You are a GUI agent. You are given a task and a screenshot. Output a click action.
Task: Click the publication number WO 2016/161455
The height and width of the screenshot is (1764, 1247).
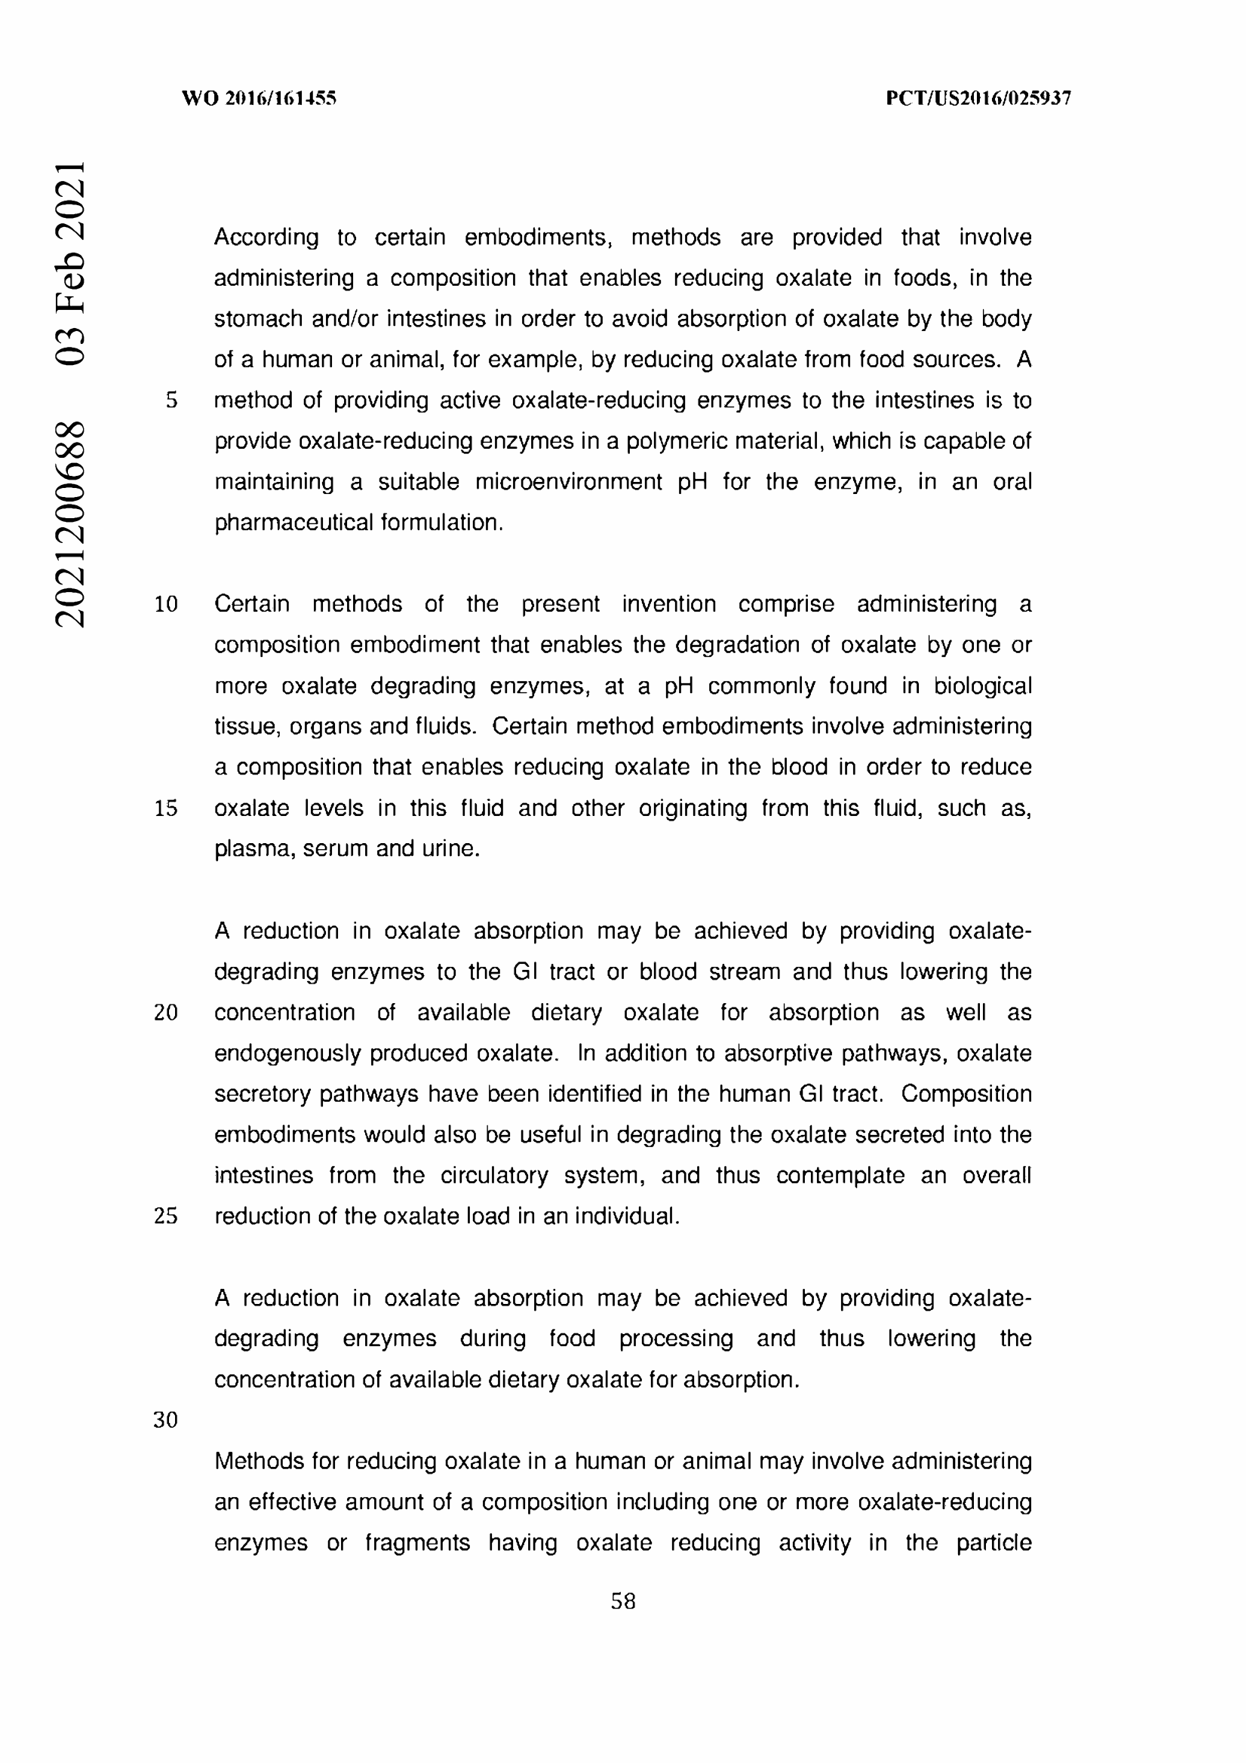coord(259,98)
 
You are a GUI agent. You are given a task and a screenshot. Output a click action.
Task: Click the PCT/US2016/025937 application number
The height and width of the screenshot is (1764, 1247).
coord(978,98)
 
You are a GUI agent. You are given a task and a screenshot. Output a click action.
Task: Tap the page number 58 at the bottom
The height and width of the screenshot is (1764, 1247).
coord(622,1600)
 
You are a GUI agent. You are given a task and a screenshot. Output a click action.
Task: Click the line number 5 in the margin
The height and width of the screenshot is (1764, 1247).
coord(171,400)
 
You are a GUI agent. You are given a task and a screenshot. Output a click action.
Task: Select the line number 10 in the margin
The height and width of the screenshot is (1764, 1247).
coord(166,604)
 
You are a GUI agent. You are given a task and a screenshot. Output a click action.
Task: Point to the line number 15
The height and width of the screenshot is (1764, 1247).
coord(166,808)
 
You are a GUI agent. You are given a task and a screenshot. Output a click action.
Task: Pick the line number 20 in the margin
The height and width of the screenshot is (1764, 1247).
coord(166,1013)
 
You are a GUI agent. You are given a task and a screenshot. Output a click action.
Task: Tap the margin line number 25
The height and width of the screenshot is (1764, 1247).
coord(166,1216)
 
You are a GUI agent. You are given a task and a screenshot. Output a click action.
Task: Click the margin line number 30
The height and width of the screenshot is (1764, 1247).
coord(166,1420)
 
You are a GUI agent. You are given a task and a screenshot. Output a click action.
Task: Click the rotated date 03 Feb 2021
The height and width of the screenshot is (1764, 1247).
coord(69,262)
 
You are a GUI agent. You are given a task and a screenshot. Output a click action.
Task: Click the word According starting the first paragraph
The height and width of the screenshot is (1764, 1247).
coord(266,238)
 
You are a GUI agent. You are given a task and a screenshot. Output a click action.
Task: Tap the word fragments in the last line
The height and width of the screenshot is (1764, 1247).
coord(417,1543)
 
